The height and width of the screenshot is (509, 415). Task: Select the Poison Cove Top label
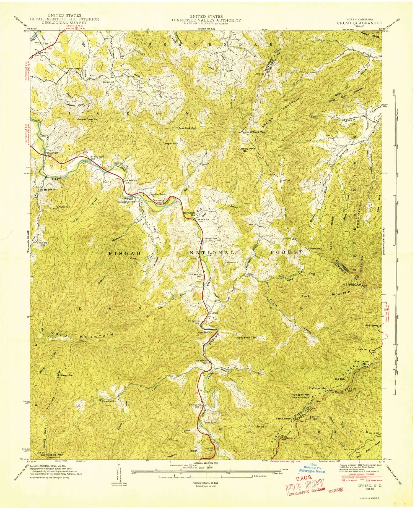[88, 119]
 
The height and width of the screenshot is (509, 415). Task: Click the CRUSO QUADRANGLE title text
[359, 23]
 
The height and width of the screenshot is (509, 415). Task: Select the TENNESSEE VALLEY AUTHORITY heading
[206, 20]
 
